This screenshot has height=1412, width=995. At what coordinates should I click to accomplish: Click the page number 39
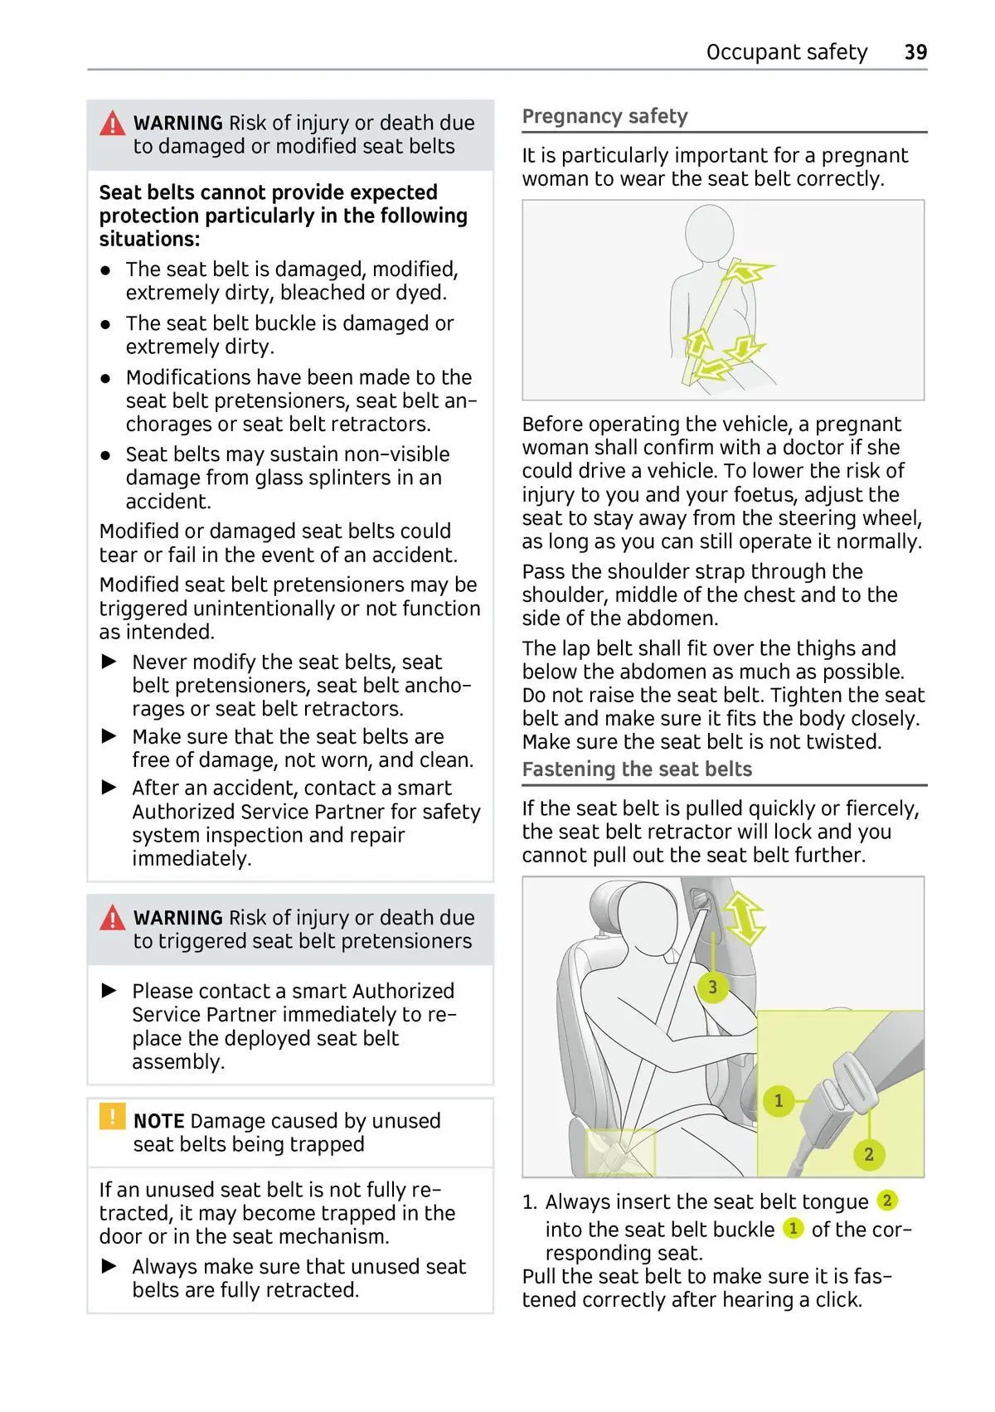(x=915, y=52)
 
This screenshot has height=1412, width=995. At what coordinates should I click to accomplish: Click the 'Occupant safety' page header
(x=786, y=52)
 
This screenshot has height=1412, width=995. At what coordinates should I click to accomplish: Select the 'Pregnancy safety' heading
(x=604, y=116)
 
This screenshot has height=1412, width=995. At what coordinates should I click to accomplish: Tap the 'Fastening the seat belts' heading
(x=637, y=769)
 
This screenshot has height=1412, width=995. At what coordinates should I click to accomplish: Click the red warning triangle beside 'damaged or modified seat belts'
(x=112, y=124)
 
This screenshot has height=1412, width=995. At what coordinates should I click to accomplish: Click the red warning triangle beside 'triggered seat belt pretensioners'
(x=112, y=919)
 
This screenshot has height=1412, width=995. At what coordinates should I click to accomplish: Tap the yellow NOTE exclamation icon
(x=112, y=1116)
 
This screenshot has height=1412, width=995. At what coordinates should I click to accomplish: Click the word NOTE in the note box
(x=158, y=1121)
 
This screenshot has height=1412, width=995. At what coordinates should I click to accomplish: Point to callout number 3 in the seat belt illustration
(x=712, y=987)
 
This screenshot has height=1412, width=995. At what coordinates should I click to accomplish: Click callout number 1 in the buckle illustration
(x=778, y=1100)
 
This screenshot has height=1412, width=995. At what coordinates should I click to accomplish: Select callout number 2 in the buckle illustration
(x=868, y=1154)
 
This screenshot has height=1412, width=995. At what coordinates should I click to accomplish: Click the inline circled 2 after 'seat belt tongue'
(x=886, y=1200)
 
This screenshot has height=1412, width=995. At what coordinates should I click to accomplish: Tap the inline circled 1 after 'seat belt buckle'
(x=793, y=1228)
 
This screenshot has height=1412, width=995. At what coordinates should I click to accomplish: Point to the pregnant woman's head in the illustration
(x=710, y=231)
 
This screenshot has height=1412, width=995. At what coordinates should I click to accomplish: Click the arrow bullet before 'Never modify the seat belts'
(x=109, y=662)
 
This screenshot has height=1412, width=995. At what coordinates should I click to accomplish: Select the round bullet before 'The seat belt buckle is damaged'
(x=106, y=324)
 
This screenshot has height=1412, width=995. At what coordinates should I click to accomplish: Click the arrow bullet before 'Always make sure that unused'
(x=109, y=1266)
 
